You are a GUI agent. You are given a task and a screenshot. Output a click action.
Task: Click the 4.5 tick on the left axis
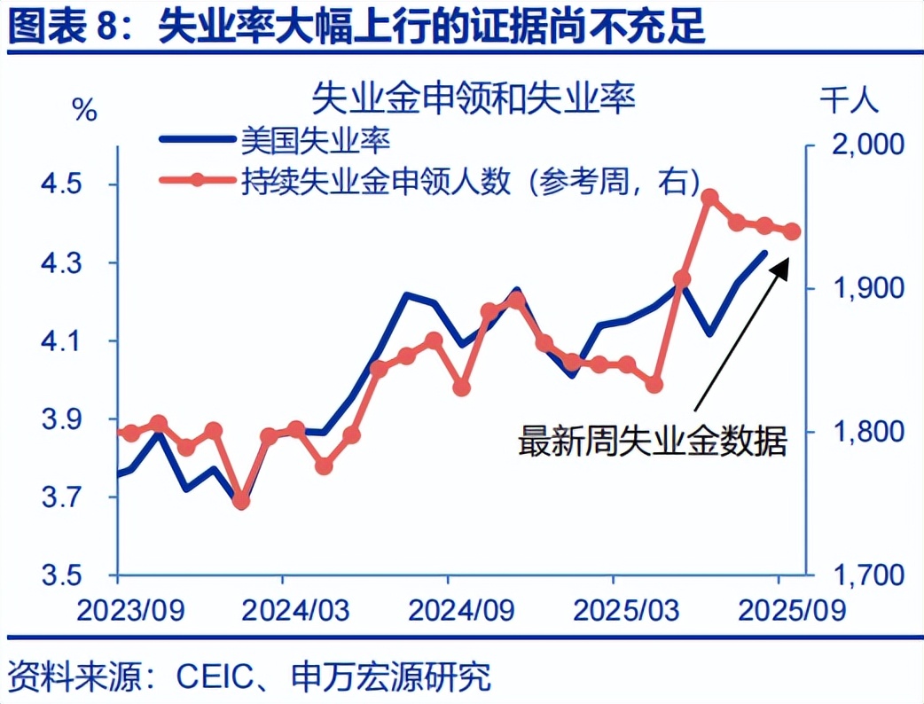(x=61, y=184)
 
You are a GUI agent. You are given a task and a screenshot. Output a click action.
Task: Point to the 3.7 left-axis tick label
(x=61, y=497)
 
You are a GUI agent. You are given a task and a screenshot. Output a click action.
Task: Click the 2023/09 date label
(x=131, y=610)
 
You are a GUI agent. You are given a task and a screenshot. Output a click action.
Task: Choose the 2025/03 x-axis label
(x=626, y=610)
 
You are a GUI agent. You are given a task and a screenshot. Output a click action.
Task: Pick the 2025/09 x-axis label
(x=792, y=610)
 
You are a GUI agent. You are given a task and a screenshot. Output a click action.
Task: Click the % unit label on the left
(x=85, y=110)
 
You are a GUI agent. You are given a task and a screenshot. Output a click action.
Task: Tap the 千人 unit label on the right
(x=850, y=99)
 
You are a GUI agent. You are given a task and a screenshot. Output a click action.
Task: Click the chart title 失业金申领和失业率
(x=474, y=98)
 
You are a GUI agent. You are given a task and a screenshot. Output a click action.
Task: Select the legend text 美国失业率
(x=316, y=141)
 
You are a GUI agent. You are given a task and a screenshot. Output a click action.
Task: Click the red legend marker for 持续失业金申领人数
(x=197, y=180)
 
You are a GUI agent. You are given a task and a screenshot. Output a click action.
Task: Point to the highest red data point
(x=709, y=198)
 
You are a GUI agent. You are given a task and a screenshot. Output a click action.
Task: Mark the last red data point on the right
(x=792, y=231)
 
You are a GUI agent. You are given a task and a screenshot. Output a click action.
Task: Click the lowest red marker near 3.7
(x=241, y=501)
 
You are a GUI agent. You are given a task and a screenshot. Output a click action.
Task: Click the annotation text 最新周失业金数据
(x=653, y=441)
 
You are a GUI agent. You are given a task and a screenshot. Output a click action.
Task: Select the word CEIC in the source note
(x=215, y=677)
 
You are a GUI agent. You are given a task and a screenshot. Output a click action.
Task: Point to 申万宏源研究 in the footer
(x=391, y=677)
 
